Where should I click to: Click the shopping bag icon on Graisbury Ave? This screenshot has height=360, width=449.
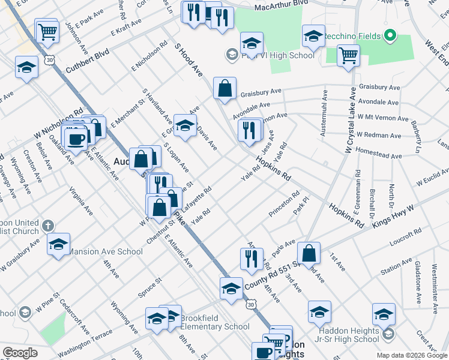point(224,89)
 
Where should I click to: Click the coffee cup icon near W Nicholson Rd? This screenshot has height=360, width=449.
point(76,139)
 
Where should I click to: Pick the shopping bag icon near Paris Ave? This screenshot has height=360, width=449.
point(308,253)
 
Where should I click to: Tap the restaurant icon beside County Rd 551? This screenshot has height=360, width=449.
point(250,258)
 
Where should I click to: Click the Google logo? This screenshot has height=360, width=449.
point(20,353)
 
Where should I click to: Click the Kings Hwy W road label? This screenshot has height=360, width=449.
point(393,215)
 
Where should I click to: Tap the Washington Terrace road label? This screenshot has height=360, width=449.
point(85,341)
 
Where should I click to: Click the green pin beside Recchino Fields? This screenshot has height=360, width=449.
point(391,36)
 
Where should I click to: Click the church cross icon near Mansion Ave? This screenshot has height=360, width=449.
point(49,226)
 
